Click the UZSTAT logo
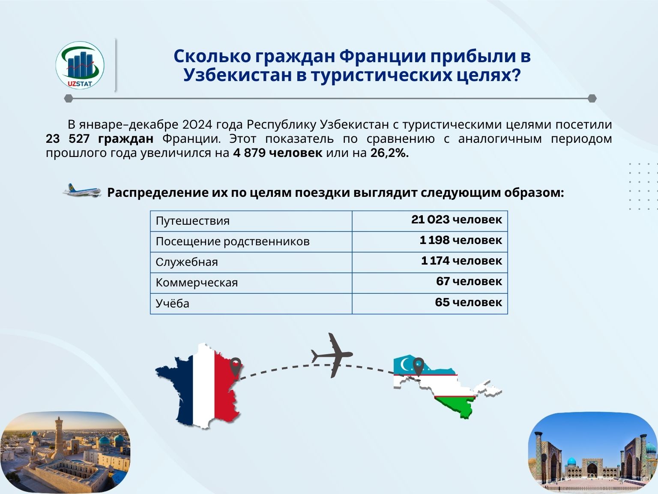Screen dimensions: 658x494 (x=80, y=65)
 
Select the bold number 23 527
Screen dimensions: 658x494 (x=68, y=139)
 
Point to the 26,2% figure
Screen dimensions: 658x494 (x=390, y=153)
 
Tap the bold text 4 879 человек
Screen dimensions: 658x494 (x=278, y=153)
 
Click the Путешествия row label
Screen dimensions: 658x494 (x=193, y=221)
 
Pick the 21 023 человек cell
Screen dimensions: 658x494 (x=457, y=220)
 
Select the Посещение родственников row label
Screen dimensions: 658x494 (x=233, y=241)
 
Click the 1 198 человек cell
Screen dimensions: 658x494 (x=461, y=240)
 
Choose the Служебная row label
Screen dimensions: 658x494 (x=187, y=262)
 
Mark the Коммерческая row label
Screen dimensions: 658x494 (x=197, y=283)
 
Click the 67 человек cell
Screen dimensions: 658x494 (x=469, y=281)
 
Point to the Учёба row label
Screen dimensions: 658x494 (x=172, y=303)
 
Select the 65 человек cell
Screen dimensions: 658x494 (x=469, y=302)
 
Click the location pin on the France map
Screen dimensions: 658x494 (x=235, y=367)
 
